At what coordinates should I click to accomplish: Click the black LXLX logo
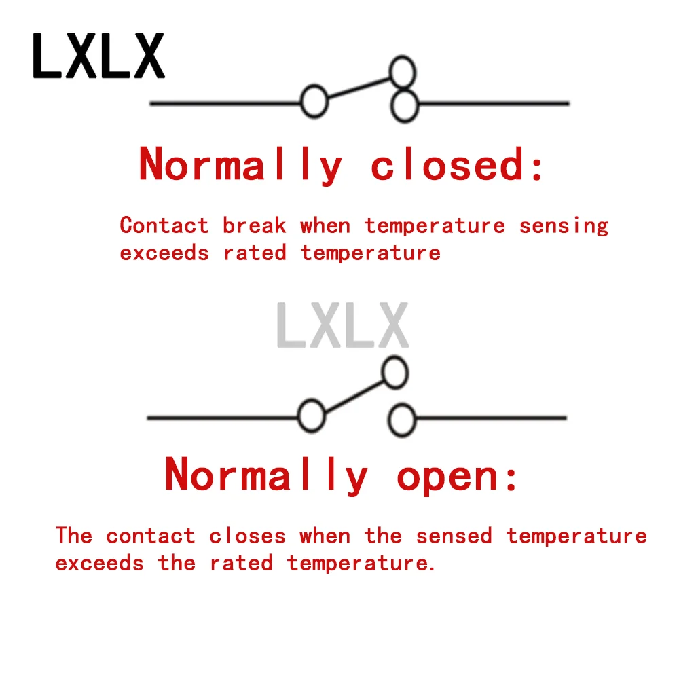(x=98, y=56)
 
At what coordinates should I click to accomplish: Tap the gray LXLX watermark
(x=343, y=326)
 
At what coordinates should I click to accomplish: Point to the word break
(x=255, y=225)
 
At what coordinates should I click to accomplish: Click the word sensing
(x=564, y=226)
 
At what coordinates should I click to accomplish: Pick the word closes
(x=247, y=536)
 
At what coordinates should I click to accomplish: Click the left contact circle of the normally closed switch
(x=314, y=103)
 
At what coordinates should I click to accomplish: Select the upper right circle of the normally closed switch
(x=402, y=71)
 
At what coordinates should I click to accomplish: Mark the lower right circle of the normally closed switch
(x=405, y=106)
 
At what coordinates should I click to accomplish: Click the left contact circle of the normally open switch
(x=312, y=416)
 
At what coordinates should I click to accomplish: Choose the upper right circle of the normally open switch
(x=394, y=372)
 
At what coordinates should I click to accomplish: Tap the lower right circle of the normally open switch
(x=401, y=420)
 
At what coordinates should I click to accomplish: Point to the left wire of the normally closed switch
(x=224, y=103)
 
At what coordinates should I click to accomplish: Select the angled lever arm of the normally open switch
(x=352, y=394)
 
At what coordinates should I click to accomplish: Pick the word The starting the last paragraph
(x=73, y=536)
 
